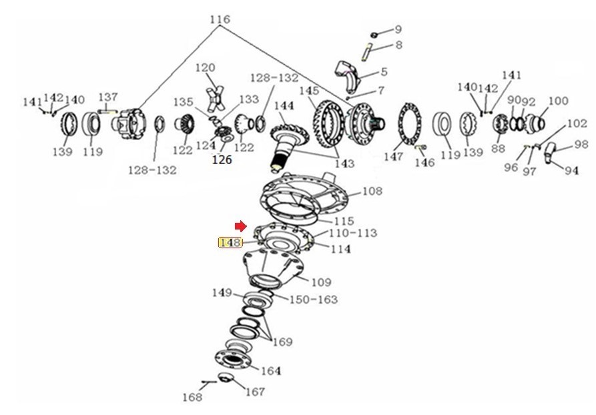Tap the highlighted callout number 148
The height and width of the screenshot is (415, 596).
pyautogui.click(x=230, y=242)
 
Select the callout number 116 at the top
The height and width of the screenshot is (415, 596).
pyautogui.click(x=220, y=19)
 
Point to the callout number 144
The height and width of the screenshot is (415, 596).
pyautogui.click(x=284, y=105)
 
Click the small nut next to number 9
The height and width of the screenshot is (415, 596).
pyautogui.click(x=374, y=35)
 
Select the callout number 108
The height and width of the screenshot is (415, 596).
pyautogui.click(x=372, y=191)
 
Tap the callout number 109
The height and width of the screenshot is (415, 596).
pyautogui.click(x=322, y=282)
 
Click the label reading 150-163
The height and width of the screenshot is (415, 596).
pyautogui.click(x=314, y=300)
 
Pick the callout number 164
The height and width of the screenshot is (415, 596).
pyautogui.click(x=271, y=370)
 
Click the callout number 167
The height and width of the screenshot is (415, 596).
pyautogui.click(x=255, y=392)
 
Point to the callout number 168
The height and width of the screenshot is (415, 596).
pyautogui.click(x=192, y=397)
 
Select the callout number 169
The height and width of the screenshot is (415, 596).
pyautogui.click(x=282, y=342)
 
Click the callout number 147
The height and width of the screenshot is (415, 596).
pyautogui.click(x=393, y=156)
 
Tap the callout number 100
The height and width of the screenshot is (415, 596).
pyautogui.click(x=559, y=101)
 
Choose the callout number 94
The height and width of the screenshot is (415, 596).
pyautogui.click(x=571, y=171)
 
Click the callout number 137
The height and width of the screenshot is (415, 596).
pyautogui.click(x=108, y=97)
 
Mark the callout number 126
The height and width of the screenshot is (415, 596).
pyautogui.click(x=222, y=159)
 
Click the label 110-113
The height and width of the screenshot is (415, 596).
pyautogui.click(x=353, y=233)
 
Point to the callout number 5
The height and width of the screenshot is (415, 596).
pyautogui.click(x=384, y=71)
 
